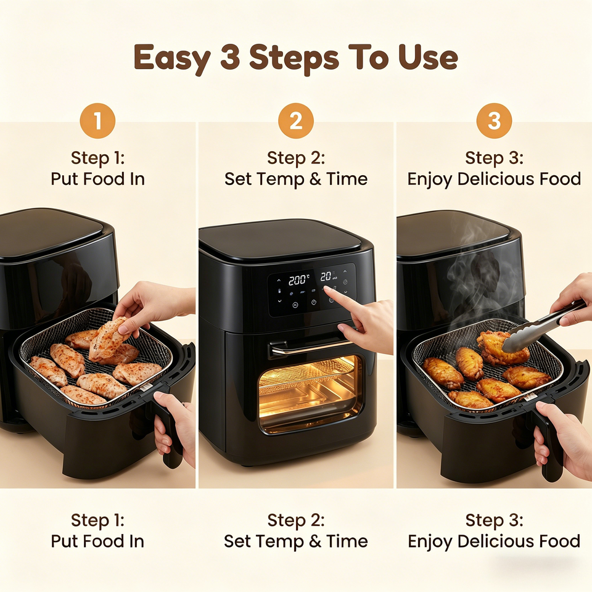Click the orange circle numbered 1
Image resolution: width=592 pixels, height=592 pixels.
97,121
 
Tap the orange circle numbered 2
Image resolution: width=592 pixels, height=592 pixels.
296,121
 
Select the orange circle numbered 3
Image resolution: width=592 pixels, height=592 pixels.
494,121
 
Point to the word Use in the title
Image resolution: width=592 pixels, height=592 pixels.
428,57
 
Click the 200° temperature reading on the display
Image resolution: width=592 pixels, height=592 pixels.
299,280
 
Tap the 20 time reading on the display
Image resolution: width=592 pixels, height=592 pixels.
326,276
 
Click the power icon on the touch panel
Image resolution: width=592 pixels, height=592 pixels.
314,302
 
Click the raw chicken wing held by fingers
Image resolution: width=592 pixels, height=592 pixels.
108,339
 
